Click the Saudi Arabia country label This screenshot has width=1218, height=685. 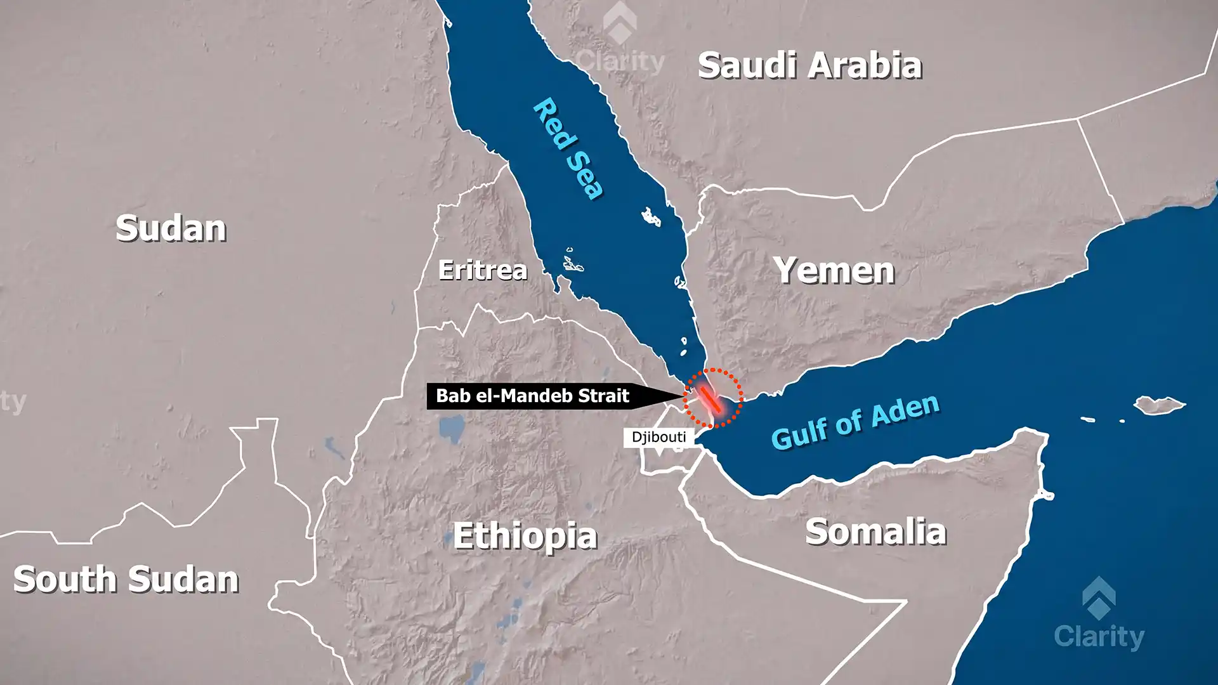(809, 65)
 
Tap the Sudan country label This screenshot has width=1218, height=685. (171, 228)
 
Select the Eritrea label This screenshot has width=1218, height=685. (483, 270)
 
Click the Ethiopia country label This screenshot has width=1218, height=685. (525, 536)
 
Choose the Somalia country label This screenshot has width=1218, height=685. (875, 532)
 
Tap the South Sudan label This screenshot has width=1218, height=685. (126, 579)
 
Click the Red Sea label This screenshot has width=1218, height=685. (568, 149)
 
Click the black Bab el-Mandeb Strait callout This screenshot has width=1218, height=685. (533, 396)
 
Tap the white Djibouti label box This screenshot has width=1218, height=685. (658, 437)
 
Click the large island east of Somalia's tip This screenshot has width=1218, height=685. (1159, 404)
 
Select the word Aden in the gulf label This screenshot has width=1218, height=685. (905, 410)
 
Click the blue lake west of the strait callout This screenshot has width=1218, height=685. (451, 429)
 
